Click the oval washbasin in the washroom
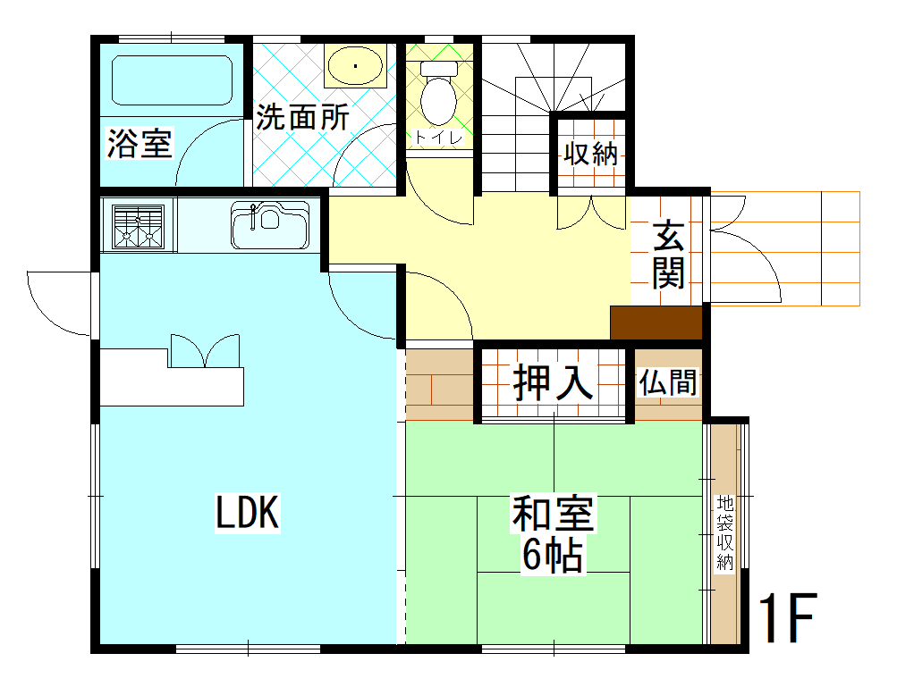(x=355, y=65)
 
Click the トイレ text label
(x=437, y=138)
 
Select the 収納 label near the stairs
(x=590, y=155)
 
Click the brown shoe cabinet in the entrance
(x=656, y=323)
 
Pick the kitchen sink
(x=270, y=225)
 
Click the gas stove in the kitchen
(x=139, y=225)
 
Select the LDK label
(x=248, y=514)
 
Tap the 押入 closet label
(x=553, y=382)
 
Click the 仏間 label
(x=668, y=383)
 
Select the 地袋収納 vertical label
(x=724, y=533)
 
